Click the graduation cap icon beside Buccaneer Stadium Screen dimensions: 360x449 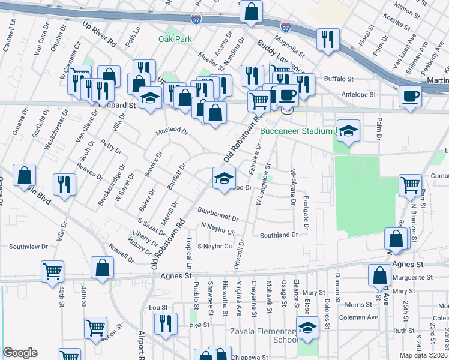click(x=348, y=131)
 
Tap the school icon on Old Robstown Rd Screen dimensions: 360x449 click(x=223, y=178)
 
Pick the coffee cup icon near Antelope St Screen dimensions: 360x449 click(x=411, y=96)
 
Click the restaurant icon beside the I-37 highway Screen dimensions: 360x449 click(x=327, y=40)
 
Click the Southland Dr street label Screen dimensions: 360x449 click(x=279, y=235)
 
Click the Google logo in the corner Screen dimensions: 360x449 click(x=20, y=353)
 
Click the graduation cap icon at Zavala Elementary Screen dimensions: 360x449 click(x=307, y=328)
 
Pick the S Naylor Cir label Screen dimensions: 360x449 click(x=214, y=247)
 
